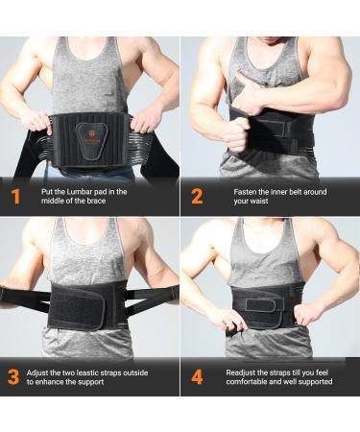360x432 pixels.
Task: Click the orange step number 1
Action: click(14, 198)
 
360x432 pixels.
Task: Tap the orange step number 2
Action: click(197, 198)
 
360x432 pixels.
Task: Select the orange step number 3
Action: click(14, 376)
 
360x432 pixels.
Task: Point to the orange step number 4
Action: click(197, 376)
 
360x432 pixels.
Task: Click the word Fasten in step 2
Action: click(247, 192)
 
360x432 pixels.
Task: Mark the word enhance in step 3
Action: click(62, 382)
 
